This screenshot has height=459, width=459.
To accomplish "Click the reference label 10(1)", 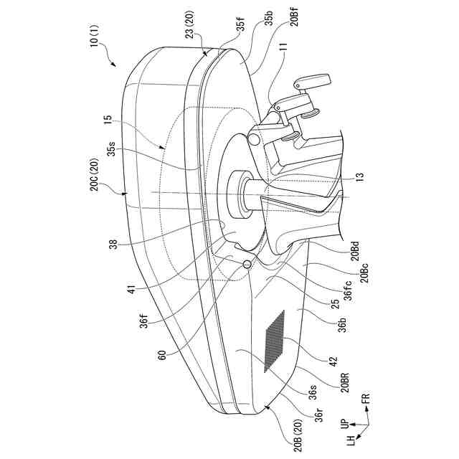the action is pos(95,35).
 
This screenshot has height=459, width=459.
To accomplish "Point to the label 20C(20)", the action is pos(95,174).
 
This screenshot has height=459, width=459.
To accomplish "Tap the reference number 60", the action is pos(161,355).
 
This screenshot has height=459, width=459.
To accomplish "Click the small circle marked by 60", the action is pos(247,265).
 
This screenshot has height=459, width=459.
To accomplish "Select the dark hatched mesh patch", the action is pos(274,341).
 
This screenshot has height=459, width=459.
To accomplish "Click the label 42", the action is pos(333,361).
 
